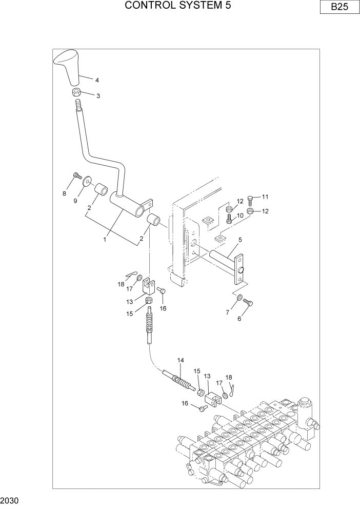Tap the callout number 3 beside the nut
pyautogui.click(x=98, y=96)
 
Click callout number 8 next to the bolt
pyautogui.click(x=65, y=193)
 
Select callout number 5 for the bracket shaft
pyautogui.click(x=240, y=239)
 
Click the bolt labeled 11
pyautogui.click(x=250, y=199)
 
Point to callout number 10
pyautogui.click(x=239, y=216)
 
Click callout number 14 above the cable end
pyautogui.click(x=181, y=360)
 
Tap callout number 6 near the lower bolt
pyautogui.click(x=238, y=318)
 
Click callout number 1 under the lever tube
pyautogui.click(x=105, y=239)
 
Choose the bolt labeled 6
pyautogui.click(x=249, y=303)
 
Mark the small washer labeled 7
pyautogui.click(x=239, y=297)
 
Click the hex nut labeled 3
pyautogui.click(x=76, y=93)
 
